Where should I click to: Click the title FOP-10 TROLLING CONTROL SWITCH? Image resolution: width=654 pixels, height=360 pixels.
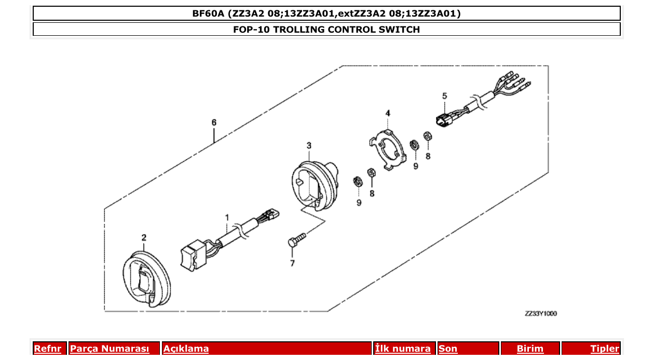pyautogui.click(x=326, y=29)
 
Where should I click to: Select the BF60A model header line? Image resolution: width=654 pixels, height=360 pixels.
pyautogui.click(x=326, y=13)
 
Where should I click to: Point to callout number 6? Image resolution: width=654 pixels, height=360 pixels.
pyautogui.click(x=214, y=122)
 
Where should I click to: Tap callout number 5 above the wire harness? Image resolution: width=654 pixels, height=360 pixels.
pyautogui.click(x=444, y=96)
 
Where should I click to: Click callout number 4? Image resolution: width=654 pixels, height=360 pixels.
pyautogui.click(x=388, y=113)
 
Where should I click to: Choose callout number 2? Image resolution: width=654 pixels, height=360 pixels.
pyautogui.click(x=144, y=238)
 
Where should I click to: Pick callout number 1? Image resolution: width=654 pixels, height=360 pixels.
pyautogui.click(x=227, y=216)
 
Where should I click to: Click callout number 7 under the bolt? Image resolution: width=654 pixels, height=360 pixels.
pyautogui.click(x=292, y=264)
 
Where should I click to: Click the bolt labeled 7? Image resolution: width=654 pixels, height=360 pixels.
pyautogui.click(x=297, y=240)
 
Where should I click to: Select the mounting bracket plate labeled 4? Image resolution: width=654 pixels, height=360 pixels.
pyautogui.click(x=387, y=147)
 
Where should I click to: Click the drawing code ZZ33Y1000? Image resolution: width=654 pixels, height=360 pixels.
pyautogui.click(x=540, y=314)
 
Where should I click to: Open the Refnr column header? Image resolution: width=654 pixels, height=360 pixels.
pyautogui.click(x=47, y=349)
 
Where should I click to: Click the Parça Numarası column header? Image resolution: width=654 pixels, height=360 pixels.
pyautogui.click(x=110, y=349)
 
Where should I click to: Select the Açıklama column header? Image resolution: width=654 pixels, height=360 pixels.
pyautogui.click(x=186, y=349)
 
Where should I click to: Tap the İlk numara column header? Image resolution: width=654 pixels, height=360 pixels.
pyautogui.click(x=403, y=349)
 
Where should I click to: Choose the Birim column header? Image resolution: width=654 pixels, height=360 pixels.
pyautogui.click(x=530, y=349)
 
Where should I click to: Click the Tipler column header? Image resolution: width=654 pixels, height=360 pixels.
pyautogui.click(x=605, y=349)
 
